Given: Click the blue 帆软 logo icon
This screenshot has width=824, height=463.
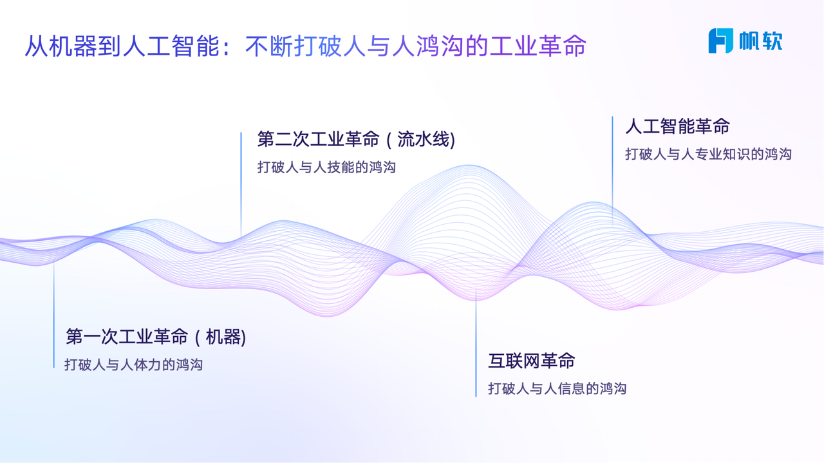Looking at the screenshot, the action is coord(720,41).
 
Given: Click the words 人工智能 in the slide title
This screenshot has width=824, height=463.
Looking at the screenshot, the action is coord(171,46).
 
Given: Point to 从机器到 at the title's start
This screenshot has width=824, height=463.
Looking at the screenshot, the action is coord(73,46).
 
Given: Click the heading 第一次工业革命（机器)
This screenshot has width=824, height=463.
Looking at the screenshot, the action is coord(156,336).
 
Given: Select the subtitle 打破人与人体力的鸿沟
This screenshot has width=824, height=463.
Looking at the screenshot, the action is coord(133,364).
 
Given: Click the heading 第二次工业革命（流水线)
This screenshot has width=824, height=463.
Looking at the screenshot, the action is coord(356,139).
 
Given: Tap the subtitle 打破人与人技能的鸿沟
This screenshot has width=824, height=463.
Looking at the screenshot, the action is coord(326,167).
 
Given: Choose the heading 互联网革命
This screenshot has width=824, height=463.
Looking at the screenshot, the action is coord(532,361).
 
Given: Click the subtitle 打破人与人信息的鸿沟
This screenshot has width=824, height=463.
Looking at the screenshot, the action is coord(557,389).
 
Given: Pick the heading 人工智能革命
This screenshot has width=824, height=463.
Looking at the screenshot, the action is coord(678,126).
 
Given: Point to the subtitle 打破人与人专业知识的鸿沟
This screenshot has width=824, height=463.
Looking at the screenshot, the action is coord(708,154).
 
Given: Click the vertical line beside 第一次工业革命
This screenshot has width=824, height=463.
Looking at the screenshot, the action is coord(53,315).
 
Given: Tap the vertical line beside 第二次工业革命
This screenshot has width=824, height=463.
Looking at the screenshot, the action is coord(241,185).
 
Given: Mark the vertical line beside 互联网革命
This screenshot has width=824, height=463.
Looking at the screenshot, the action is coord(476,343).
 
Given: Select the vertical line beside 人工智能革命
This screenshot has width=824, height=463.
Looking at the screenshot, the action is coord(612,170).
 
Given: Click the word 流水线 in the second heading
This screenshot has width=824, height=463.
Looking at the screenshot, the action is coord(424,139).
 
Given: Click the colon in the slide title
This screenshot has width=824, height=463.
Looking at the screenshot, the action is coord(227,47).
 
